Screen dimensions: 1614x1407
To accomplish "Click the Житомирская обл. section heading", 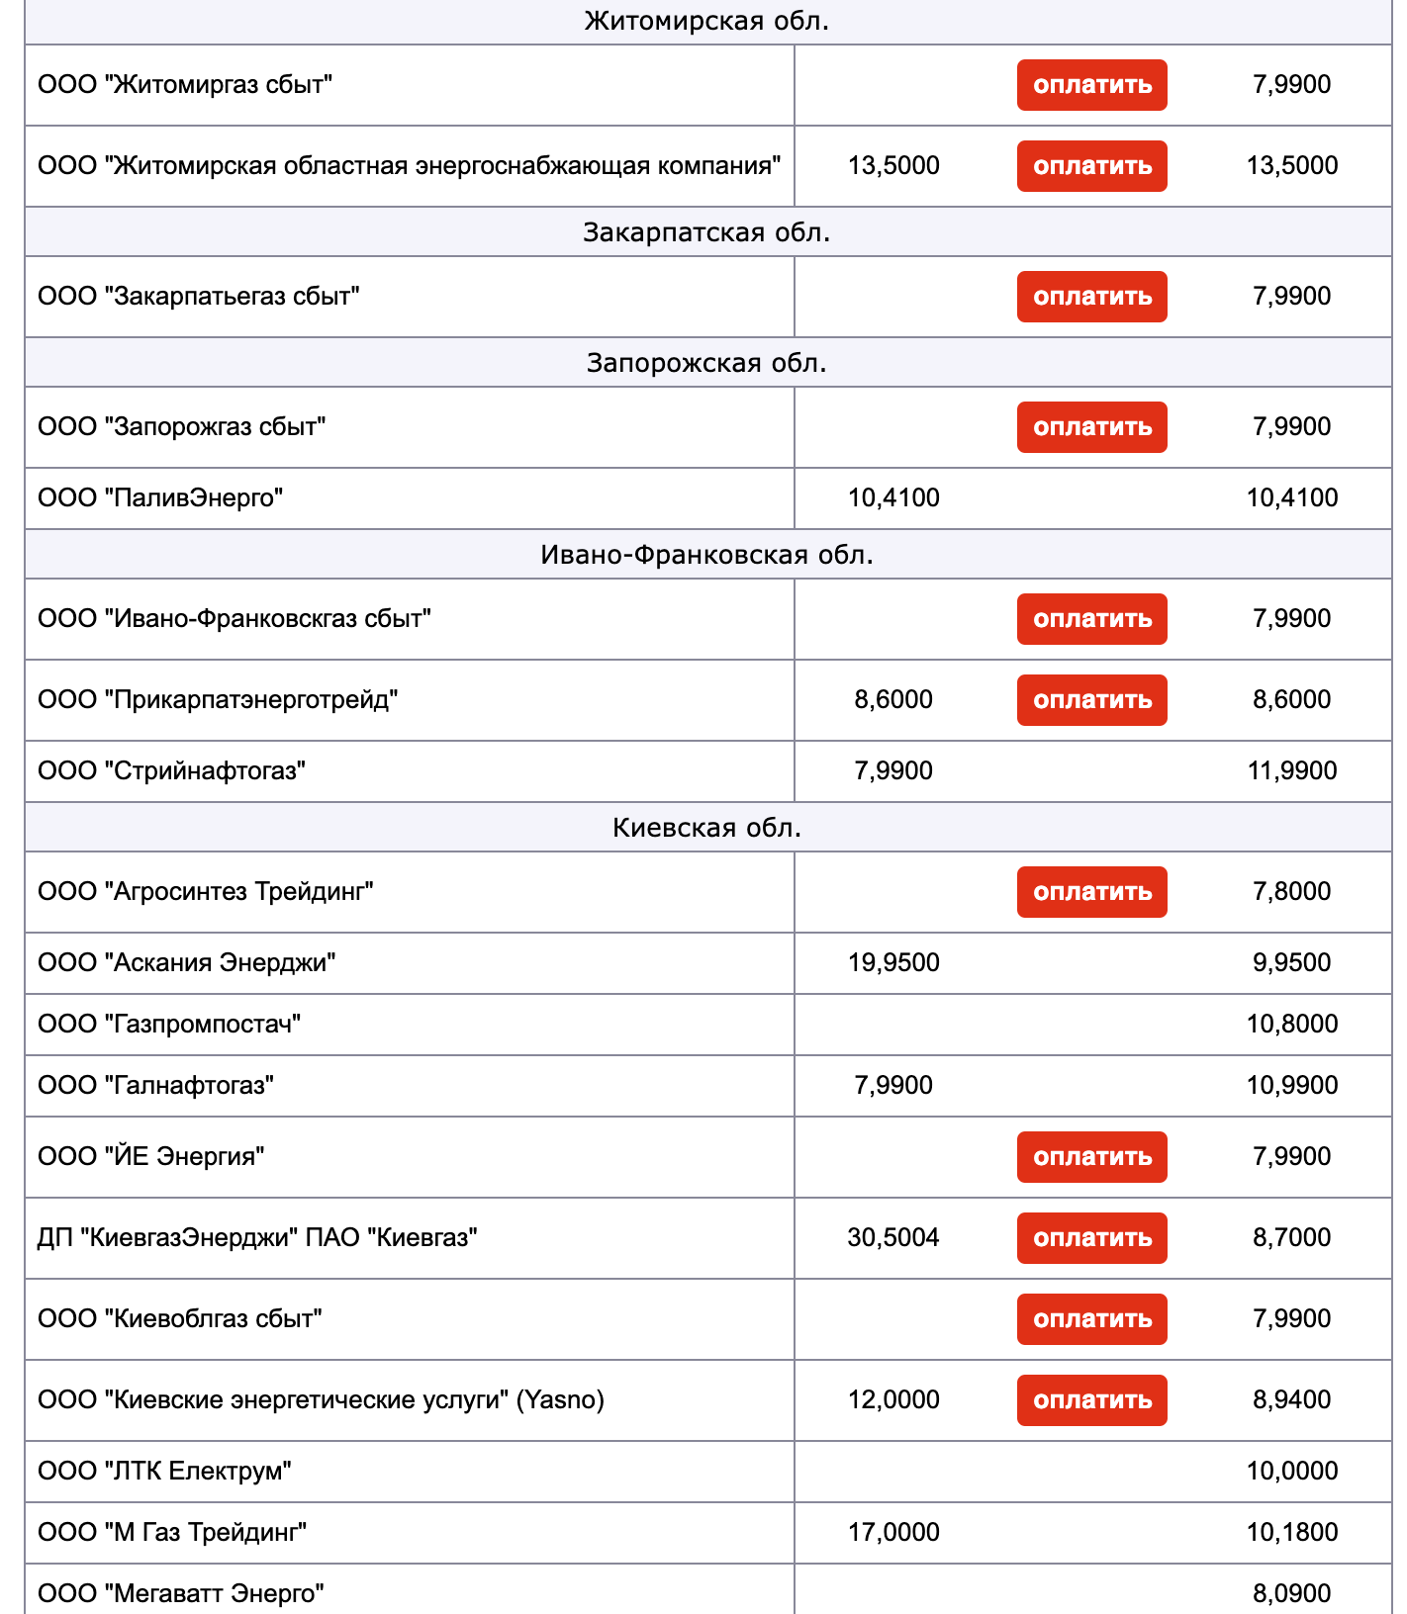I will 706,21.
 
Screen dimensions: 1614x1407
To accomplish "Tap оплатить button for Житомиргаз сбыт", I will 1091,85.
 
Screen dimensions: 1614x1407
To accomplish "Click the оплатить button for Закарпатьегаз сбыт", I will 1091,297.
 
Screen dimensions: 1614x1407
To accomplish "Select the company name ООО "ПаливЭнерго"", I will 160,497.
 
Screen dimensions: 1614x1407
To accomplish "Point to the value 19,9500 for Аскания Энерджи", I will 893,962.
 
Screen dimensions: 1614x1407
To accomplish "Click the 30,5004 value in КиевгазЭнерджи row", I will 893,1237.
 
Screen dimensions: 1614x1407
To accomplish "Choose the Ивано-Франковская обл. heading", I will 706,555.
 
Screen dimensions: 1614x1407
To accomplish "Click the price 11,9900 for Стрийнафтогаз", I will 1291,770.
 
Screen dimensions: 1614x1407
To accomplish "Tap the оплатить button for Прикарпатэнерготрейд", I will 1091,700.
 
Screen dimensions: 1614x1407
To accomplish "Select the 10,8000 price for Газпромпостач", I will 1291,1024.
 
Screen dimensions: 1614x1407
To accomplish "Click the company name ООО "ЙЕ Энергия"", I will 151,1156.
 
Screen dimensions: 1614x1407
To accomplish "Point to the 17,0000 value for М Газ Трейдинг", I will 893,1532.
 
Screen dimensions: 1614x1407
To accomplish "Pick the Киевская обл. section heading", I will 706,828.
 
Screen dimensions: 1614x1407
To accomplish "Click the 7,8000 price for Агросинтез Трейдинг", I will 1291,891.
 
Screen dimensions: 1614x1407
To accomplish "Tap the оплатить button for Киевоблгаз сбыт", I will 1091,1319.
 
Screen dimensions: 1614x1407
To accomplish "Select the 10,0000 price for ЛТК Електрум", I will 1291,1471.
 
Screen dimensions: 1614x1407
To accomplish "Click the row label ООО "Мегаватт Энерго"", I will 181,1593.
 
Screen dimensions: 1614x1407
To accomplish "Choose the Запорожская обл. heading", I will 706,363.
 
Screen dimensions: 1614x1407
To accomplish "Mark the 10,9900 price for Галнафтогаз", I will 1291,1085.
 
